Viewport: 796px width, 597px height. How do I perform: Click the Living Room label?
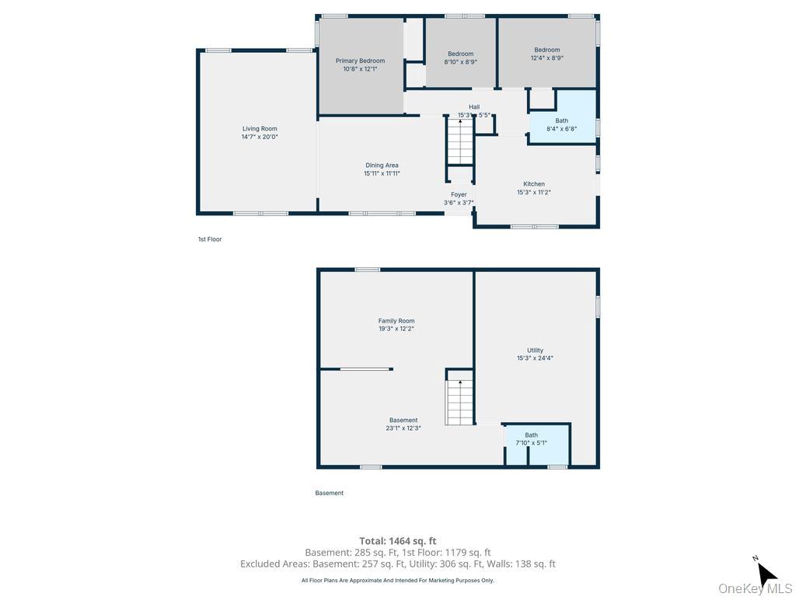[260, 129]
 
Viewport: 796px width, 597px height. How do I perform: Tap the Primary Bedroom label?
[360, 61]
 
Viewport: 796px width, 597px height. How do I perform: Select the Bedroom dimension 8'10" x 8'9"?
[460, 62]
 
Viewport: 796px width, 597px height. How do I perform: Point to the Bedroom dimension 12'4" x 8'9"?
[546, 58]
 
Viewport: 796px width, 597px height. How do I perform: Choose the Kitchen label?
[534, 184]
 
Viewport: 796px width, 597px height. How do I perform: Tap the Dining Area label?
[382, 166]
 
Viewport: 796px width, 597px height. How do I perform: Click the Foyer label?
[459, 195]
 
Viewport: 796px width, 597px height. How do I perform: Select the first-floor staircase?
[460, 141]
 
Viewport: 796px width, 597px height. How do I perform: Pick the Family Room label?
[396, 321]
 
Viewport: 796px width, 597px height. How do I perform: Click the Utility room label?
[535, 351]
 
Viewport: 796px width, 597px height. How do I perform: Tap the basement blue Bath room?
[537, 445]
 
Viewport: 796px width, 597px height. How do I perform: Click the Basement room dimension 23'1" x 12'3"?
[403, 428]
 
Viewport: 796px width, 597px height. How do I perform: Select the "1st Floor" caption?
[210, 239]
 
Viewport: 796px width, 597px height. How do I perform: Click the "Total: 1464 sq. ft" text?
[397, 541]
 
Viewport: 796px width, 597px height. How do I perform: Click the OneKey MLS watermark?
[756, 588]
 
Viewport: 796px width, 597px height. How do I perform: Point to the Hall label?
[474, 107]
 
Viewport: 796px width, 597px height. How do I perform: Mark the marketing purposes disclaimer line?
[397, 580]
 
